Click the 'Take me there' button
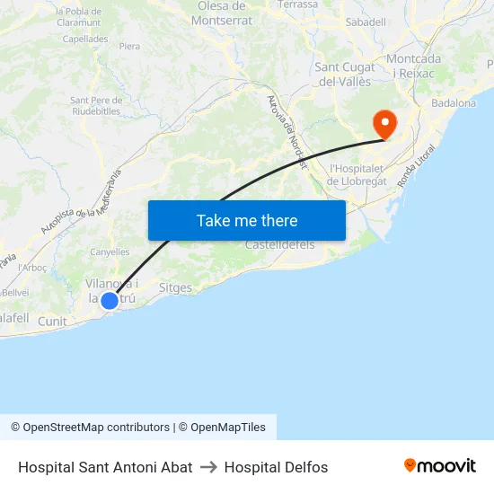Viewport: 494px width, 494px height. [x=247, y=220]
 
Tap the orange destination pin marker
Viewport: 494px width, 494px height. [x=384, y=124]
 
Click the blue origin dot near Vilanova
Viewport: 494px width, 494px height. [x=109, y=301]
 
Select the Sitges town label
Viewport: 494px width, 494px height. [x=175, y=288]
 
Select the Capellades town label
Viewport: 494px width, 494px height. [x=85, y=40]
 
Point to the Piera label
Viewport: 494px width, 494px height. [x=129, y=46]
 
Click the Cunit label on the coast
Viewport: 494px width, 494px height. [x=52, y=321]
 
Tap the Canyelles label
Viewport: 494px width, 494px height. [x=110, y=252]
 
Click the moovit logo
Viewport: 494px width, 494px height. [x=439, y=466]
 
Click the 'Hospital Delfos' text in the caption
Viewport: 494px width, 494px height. [x=276, y=467]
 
